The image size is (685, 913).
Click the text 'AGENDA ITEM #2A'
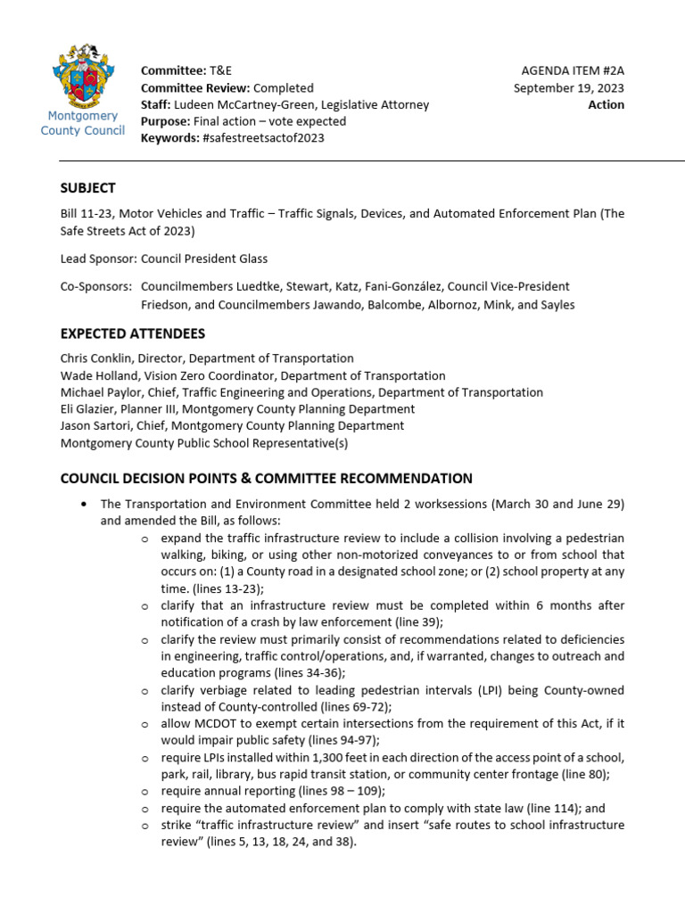[573, 70]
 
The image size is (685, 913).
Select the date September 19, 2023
[568, 87]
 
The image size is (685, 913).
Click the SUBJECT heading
[87, 187]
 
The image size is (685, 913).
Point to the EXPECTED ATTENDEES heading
[132, 333]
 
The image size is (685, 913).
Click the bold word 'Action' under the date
[606, 104]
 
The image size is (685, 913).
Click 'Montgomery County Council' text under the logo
[83, 123]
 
